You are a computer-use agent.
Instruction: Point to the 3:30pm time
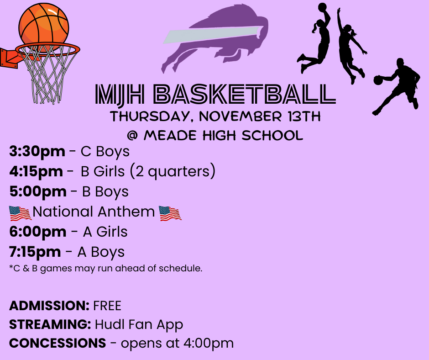(x=37, y=151)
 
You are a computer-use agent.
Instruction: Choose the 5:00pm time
(x=38, y=191)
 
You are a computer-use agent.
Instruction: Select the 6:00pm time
(x=38, y=232)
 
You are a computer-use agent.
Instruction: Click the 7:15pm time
(x=35, y=252)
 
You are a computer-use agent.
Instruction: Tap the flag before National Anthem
(x=20, y=212)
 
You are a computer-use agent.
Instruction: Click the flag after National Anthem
(x=170, y=212)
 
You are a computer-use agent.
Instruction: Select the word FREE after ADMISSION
(x=107, y=305)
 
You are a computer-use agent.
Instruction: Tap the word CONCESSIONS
(x=58, y=343)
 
